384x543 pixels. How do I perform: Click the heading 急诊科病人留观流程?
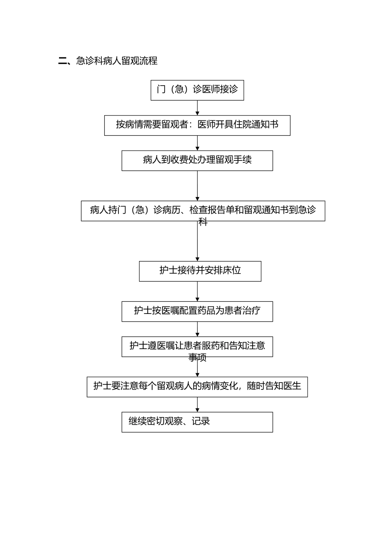(x=116, y=61)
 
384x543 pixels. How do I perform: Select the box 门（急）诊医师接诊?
(x=197, y=90)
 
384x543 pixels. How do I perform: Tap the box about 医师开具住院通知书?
(x=197, y=125)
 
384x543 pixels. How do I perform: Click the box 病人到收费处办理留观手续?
(x=197, y=160)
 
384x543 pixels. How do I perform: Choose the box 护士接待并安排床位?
(x=200, y=271)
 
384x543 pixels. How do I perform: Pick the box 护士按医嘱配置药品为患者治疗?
(x=197, y=311)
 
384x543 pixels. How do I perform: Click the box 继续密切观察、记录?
(x=197, y=422)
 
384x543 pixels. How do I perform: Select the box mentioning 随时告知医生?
(x=197, y=387)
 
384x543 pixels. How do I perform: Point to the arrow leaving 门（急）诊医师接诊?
(x=197, y=108)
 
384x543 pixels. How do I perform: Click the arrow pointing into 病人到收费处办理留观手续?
(x=197, y=143)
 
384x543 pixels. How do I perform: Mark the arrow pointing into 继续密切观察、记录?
(x=197, y=404)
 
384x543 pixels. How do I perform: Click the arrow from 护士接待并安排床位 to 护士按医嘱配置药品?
(x=197, y=291)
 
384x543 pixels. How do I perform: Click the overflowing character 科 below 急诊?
(x=203, y=222)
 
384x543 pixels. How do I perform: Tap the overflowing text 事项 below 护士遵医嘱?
(x=197, y=358)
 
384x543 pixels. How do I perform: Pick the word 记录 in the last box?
(x=201, y=421)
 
